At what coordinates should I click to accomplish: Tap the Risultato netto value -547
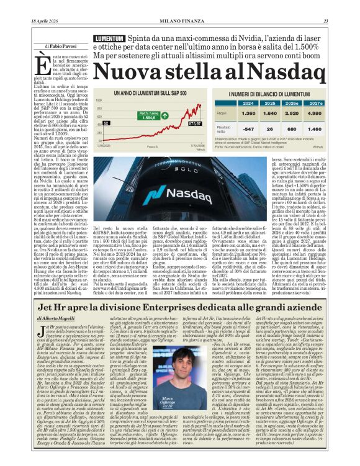tap(248, 129)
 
